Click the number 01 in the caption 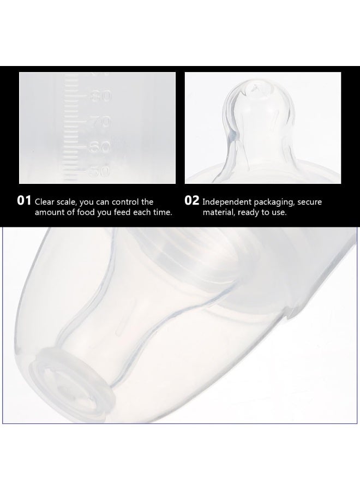[x=25, y=201]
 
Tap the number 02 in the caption [x=192, y=201]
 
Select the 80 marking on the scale [x=101, y=97]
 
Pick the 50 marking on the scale [x=101, y=171]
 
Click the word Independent [x=228, y=202]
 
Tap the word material [x=218, y=212]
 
